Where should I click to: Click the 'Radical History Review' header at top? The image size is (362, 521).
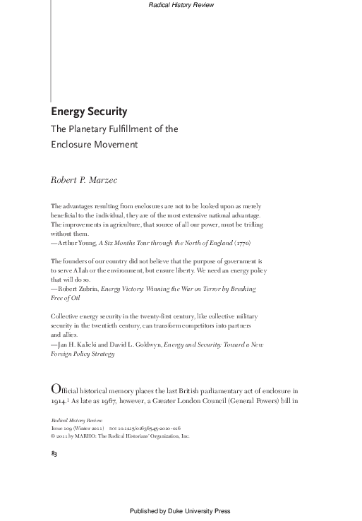pos(181,6)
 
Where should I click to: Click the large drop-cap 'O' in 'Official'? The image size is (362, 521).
pos(56,390)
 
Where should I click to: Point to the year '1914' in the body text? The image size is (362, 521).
pos(59,401)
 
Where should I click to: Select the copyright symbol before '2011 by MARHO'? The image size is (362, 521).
pos(53,436)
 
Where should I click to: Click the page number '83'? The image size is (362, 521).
pos(54,452)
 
